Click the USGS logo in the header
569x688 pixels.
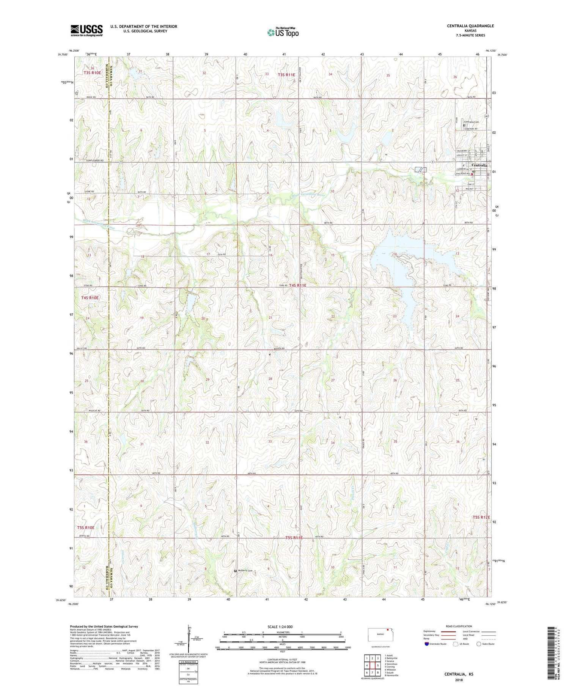86,30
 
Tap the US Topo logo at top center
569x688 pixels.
283,33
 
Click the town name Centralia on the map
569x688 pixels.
479,165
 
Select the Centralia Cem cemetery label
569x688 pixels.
471,122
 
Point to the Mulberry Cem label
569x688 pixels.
245,571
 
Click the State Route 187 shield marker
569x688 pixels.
487,115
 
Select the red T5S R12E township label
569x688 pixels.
481,517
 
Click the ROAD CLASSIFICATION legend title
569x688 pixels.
459,626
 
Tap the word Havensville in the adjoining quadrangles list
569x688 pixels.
392,675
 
